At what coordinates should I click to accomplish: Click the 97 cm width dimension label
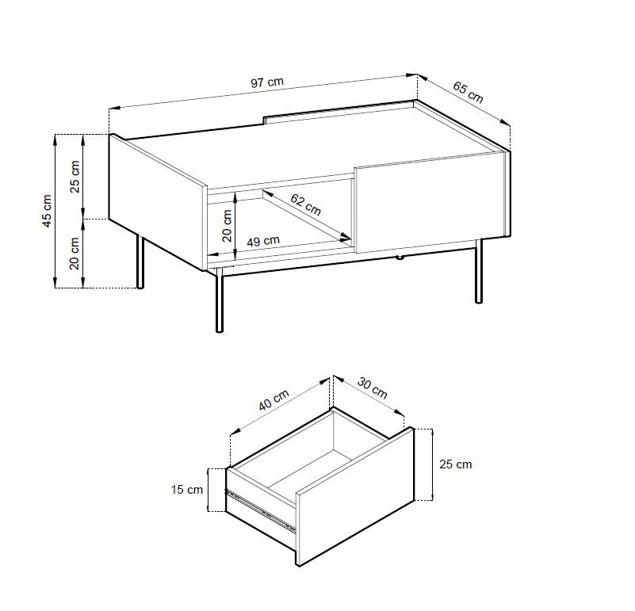click(x=267, y=82)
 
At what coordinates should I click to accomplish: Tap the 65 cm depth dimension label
click(x=468, y=92)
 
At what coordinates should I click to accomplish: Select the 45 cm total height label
click(x=48, y=211)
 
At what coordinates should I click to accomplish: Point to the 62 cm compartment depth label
click(x=306, y=205)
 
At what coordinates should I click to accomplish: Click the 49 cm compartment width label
click(x=263, y=241)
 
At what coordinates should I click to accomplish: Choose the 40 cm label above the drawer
click(x=274, y=400)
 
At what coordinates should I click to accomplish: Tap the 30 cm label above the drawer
click(x=372, y=388)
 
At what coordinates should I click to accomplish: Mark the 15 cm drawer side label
click(x=186, y=490)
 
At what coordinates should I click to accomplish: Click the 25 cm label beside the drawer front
click(x=456, y=464)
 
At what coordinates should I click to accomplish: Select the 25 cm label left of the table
click(x=75, y=177)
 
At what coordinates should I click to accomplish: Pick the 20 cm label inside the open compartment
click(x=228, y=226)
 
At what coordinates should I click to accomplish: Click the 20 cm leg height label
click(x=75, y=253)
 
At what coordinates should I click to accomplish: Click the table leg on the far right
click(x=479, y=271)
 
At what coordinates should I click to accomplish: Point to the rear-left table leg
click(x=140, y=262)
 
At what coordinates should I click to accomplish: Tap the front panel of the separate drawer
click(x=355, y=496)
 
